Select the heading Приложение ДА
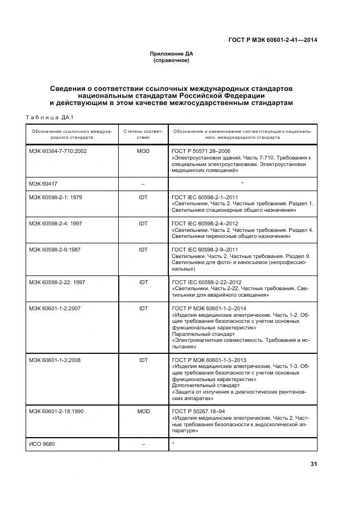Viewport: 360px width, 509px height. pyautogui.click(x=172, y=53)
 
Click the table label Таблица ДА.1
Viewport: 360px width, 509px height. pyautogui.click(x=50, y=117)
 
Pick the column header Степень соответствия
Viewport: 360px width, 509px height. pyautogui.click(x=143, y=134)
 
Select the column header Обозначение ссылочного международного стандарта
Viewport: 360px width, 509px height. pyautogui.click(x=71, y=134)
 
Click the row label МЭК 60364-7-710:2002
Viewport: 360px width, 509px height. pyautogui.click(x=58, y=151)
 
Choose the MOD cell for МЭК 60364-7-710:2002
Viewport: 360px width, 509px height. pyautogui.click(x=143, y=151)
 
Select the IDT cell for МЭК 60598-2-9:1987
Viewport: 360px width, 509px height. pyautogui.click(x=143, y=249)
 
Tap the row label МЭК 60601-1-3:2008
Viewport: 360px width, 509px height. pyautogui.click(x=56, y=360)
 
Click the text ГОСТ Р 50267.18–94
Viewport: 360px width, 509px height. pyautogui.click(x=198, y=412)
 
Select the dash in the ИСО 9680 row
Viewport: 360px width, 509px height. pyautogui.click(x=143, y=445)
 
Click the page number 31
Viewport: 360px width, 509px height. pyautogui.click(x=313, y=464)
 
